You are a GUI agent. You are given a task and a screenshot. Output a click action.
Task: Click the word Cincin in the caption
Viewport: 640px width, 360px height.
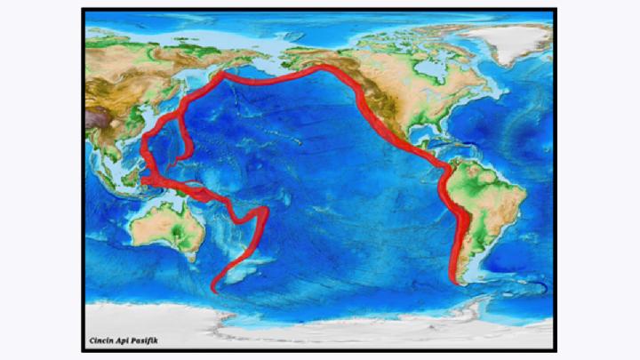(100, 340)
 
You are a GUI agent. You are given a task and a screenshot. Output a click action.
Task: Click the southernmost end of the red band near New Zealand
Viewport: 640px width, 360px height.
(214, 288)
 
